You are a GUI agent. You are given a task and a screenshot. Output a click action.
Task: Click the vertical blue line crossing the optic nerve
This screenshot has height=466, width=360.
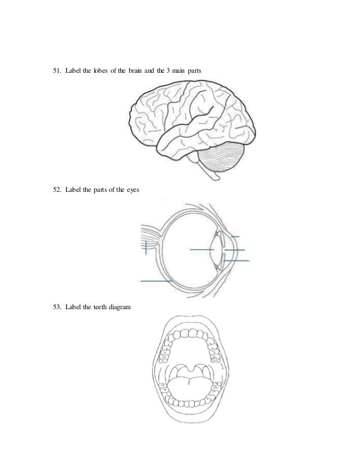click(146, 248)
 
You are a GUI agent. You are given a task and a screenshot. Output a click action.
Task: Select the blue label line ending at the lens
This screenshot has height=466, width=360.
click(201, 249)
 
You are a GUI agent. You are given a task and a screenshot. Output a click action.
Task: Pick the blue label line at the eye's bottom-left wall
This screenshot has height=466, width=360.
click(156, 280)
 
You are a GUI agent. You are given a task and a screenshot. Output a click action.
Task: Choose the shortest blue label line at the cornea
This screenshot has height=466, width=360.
click(236, 236)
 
